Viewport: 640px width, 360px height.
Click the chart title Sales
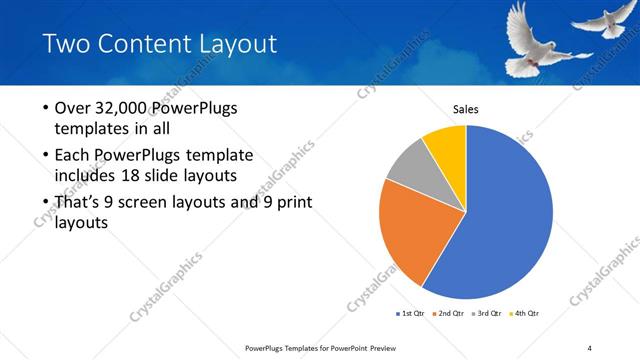[x=466, y=109]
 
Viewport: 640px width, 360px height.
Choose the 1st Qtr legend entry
[x=411, y=314]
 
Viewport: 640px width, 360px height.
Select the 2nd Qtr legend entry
[x=450, y=314]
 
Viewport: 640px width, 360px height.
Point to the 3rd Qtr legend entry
[x=489, y=314]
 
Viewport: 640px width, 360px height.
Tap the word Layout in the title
[x=236, y=44]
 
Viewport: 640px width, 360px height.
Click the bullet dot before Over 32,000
[x=45, y=108]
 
